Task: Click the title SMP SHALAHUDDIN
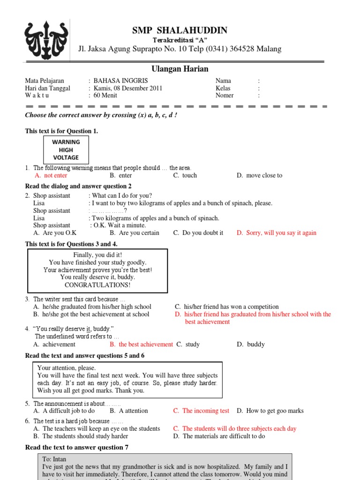(180, 30)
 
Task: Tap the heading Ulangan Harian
(180, 69)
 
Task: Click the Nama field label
(223, 81)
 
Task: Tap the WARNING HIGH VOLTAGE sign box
(66, 150)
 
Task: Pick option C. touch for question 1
(185, 175)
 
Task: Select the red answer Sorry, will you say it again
(277, 232)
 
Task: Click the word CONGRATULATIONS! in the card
(97, 285)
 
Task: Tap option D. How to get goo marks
(270, 411)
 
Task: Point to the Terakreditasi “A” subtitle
(180, 40)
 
